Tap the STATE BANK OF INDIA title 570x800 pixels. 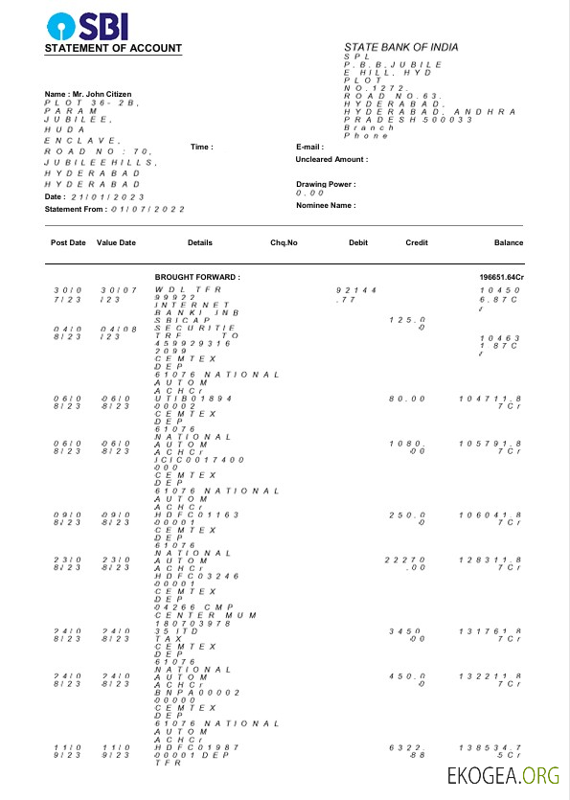point(400,47)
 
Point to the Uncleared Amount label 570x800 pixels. point(331,160)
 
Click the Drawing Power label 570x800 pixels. point(326,184)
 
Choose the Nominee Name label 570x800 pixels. point(326,205)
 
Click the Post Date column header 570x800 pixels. point(68,242)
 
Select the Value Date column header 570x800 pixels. point(116,242)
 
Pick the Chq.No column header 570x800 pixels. point(285,242)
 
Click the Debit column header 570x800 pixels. point(358,242)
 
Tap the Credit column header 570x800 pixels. point(417,242)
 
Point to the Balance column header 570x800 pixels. point(509,242)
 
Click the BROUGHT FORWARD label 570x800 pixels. point(197,277)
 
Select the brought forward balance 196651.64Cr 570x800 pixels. point(501,277)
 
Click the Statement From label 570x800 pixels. point(76,208)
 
